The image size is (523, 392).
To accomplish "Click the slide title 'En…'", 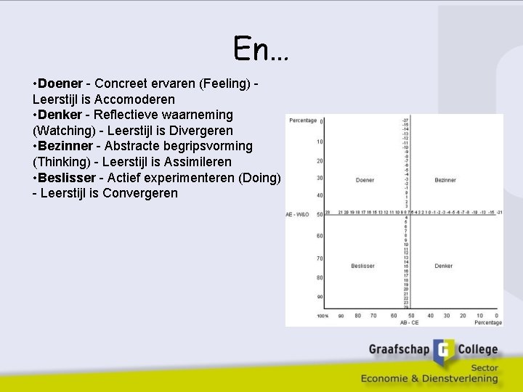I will coord(261,49).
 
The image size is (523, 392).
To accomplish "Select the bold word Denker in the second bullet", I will coord(60,115).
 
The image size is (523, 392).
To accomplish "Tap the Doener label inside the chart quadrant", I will coord(365,180).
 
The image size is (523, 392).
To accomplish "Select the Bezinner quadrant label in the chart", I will coord(445,180).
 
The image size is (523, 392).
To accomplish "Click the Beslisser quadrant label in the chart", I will coord(362,266).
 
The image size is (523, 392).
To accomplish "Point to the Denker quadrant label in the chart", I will coord(444,266).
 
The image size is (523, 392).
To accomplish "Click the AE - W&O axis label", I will coord(298,214).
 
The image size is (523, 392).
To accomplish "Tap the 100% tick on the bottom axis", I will coord(322,316).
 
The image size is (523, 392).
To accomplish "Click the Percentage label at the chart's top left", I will coord(301,120).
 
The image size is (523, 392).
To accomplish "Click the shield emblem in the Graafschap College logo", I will coord(445,353).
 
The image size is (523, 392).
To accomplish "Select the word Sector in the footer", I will coord(483,368).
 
